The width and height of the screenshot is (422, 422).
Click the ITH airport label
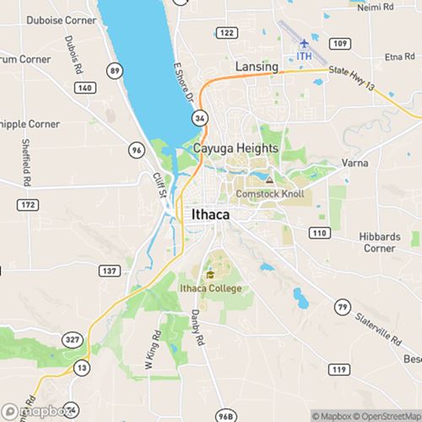(x=305, y=57)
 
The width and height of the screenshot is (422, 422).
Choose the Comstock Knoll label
(x=269, y=194)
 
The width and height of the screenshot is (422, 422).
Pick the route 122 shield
(x=225, y=32)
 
